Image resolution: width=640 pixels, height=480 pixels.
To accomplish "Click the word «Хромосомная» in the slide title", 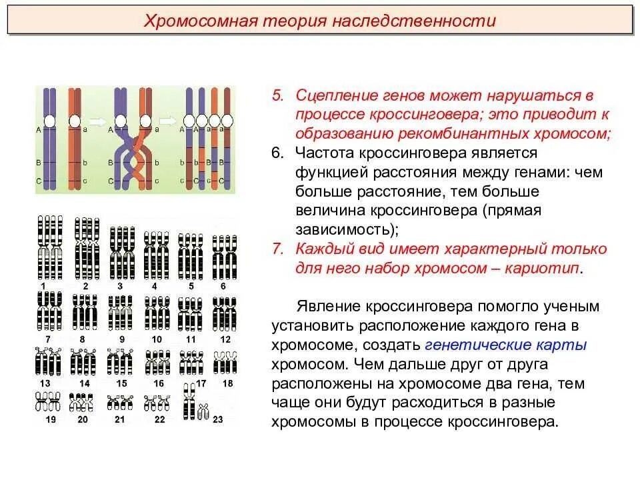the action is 197,21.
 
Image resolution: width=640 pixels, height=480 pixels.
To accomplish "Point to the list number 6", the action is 277,153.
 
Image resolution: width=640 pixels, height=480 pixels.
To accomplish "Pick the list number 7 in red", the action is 277,249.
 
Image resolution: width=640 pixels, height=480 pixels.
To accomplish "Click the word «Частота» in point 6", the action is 323,153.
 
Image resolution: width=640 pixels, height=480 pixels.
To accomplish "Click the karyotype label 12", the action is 225,339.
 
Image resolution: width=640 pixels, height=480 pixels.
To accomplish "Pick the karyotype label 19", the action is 51,419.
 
